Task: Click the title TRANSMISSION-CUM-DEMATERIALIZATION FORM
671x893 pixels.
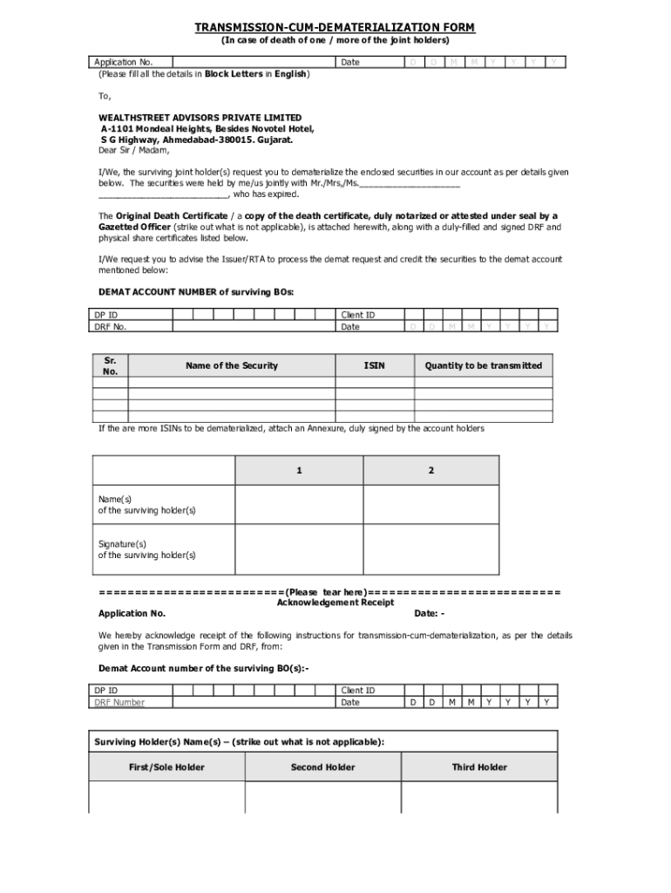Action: point(335,28)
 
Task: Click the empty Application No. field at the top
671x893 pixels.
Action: point(254,62)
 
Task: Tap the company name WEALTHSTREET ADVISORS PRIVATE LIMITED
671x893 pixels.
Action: point(200,117)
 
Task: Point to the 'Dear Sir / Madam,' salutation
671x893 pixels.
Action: point(133,150)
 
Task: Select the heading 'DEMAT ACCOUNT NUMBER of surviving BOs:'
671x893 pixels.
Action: point(196,292)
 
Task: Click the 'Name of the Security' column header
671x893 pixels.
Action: point(231,365)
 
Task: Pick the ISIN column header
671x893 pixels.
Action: point(375,365)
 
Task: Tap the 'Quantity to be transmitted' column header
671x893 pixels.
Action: point(483,365)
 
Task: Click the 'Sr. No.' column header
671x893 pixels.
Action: point(111,365)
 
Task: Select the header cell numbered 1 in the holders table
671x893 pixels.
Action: point(299,471)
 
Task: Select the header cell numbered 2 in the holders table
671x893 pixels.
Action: point(430,471)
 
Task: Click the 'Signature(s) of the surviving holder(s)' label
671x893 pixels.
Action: point(147,549)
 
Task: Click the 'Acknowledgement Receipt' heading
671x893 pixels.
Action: point(335,603)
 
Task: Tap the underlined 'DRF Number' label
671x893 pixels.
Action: point(120,702)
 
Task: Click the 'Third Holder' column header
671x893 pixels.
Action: point(478,767)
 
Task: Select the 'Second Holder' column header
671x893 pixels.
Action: point(322,767)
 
